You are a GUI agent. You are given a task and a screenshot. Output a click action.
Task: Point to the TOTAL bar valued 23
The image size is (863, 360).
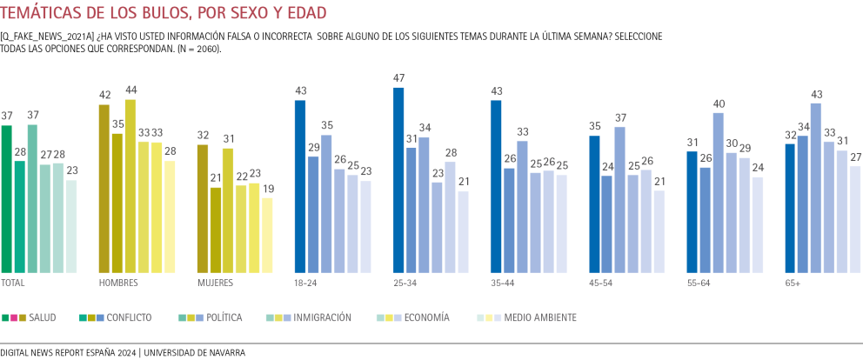(70, 227)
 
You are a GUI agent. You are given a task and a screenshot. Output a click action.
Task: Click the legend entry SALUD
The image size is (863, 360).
(42, 317)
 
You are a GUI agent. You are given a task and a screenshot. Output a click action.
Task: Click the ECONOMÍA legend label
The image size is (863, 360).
(427, 317)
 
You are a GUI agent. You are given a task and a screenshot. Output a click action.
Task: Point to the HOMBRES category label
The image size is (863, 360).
(118, 283)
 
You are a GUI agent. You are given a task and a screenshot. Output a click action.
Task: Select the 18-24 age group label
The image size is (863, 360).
(306, 283)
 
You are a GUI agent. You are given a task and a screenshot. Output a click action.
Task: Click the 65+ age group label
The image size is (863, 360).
(793, 283)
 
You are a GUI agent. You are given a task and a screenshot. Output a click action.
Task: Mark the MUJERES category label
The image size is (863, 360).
(216, 283)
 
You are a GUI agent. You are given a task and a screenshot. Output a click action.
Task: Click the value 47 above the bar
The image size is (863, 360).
(399, 79)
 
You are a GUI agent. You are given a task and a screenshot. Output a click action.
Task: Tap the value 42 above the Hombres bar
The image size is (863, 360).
(104, 96)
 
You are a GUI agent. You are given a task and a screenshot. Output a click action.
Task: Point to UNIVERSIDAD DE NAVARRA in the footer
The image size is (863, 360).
(194, 352)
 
